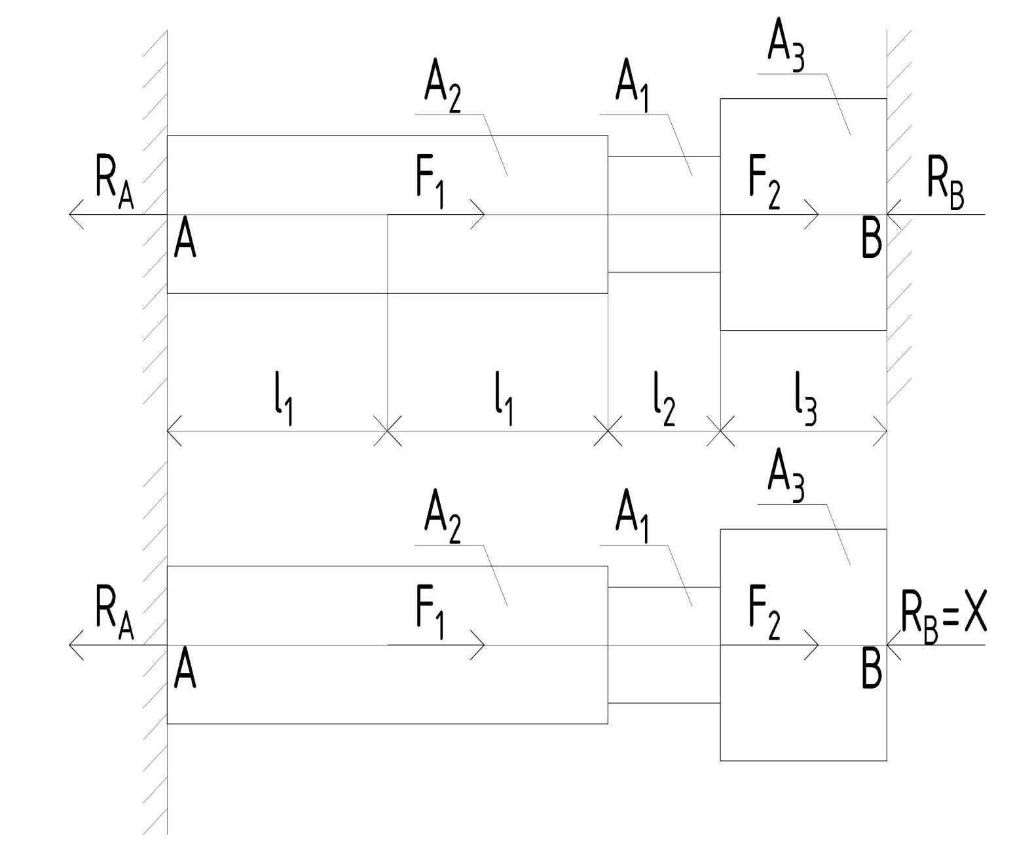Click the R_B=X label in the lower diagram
[x=943, y=619]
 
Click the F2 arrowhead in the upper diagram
[x=814, y=214]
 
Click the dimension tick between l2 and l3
[x=720, y=431]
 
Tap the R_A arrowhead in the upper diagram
[x=75, y=214]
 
